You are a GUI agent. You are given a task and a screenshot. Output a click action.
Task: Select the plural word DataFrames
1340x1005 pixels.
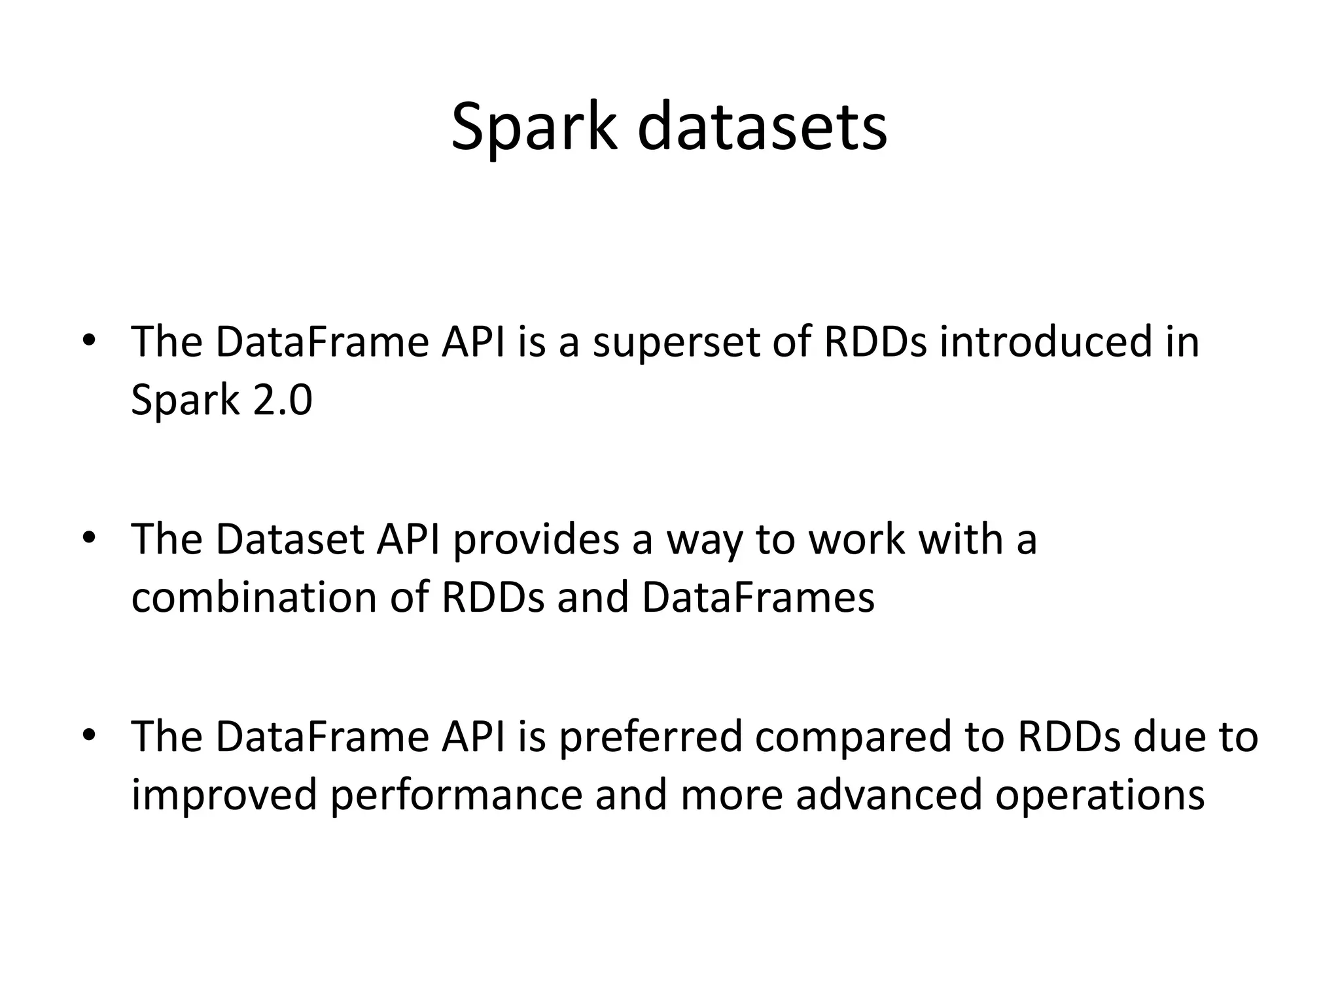[x=758, y=597]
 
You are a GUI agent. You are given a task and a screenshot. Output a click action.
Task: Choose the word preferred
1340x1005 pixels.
[x=650, y=737]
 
